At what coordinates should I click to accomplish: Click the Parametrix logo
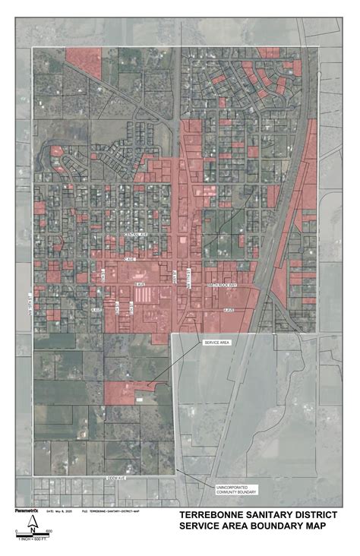click(27, 511)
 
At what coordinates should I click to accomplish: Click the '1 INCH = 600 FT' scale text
click(31, 538)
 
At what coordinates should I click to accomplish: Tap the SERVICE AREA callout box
click(214, 343)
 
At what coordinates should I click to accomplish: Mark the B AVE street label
click(140, 283)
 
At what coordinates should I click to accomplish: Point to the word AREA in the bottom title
click(242, 526)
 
